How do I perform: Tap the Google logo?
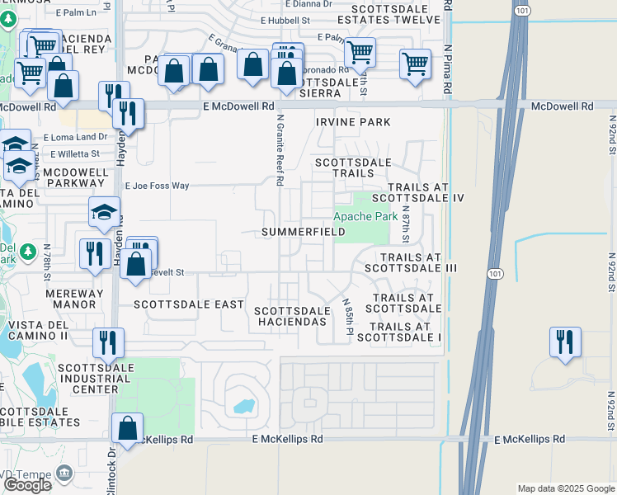point(27,486)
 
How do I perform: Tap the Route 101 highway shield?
point(494,274)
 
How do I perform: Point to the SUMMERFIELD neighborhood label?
point(303,233)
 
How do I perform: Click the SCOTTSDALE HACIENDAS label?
point(291,316)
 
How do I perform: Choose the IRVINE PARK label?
point(353,122)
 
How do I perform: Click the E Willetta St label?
point(74,153)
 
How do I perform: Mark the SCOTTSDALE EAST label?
point(189,304)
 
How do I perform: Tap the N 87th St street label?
point(405,224)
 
